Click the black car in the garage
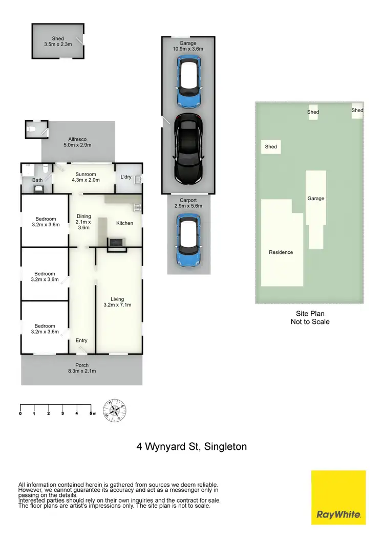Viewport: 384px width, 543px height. [x=188, y=148]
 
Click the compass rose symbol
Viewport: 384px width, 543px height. [x=115, y=410]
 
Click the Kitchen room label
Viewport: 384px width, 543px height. [x=124, y=223]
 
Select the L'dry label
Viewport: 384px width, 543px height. [x=126, y=177]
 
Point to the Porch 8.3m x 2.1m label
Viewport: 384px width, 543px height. [x=82, y=368]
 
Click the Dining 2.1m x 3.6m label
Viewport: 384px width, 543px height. [x=83, y=222]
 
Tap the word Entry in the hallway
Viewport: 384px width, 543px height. [x=81, y=340]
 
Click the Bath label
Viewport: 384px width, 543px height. [x=37, y=180]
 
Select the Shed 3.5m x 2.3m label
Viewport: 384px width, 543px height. [x=58, y=41]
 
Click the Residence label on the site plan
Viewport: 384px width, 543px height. [x=281, y=252]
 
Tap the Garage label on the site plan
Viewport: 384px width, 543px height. [x=315, y=199]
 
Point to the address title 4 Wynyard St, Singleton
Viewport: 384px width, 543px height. [x=191, y=447]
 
